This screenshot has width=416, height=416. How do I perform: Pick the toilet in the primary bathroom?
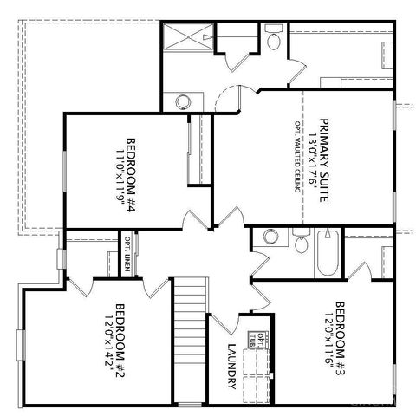coord(275,40)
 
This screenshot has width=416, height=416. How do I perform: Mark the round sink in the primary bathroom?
coord(183,101)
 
